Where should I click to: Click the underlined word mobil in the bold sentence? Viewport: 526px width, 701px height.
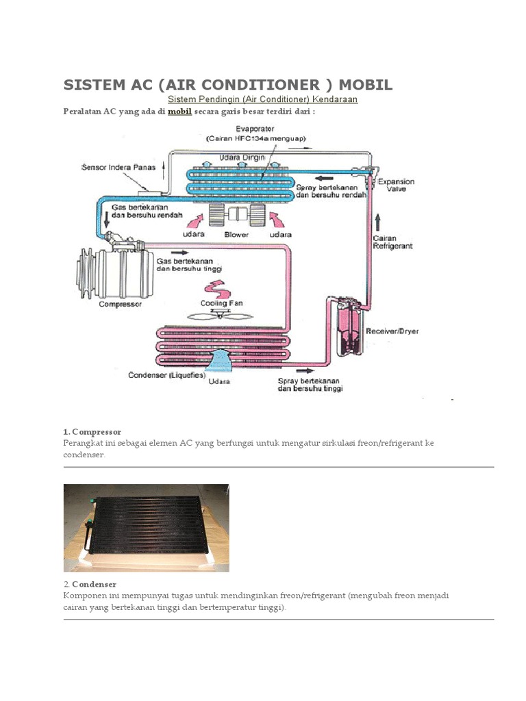[179, 112]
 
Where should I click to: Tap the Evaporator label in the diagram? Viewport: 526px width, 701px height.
[255, 129]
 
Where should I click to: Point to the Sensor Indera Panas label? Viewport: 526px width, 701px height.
[118, 167]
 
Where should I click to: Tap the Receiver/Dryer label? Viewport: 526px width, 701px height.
[392, 331]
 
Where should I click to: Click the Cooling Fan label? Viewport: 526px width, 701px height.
[221, 303]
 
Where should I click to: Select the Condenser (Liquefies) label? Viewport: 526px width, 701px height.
[166, 374]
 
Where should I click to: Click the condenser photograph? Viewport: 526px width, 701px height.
[146, 527]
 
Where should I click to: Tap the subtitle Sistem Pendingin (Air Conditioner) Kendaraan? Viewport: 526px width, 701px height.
[263, 99]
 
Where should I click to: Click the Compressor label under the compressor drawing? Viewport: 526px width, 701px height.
[120, 304]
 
